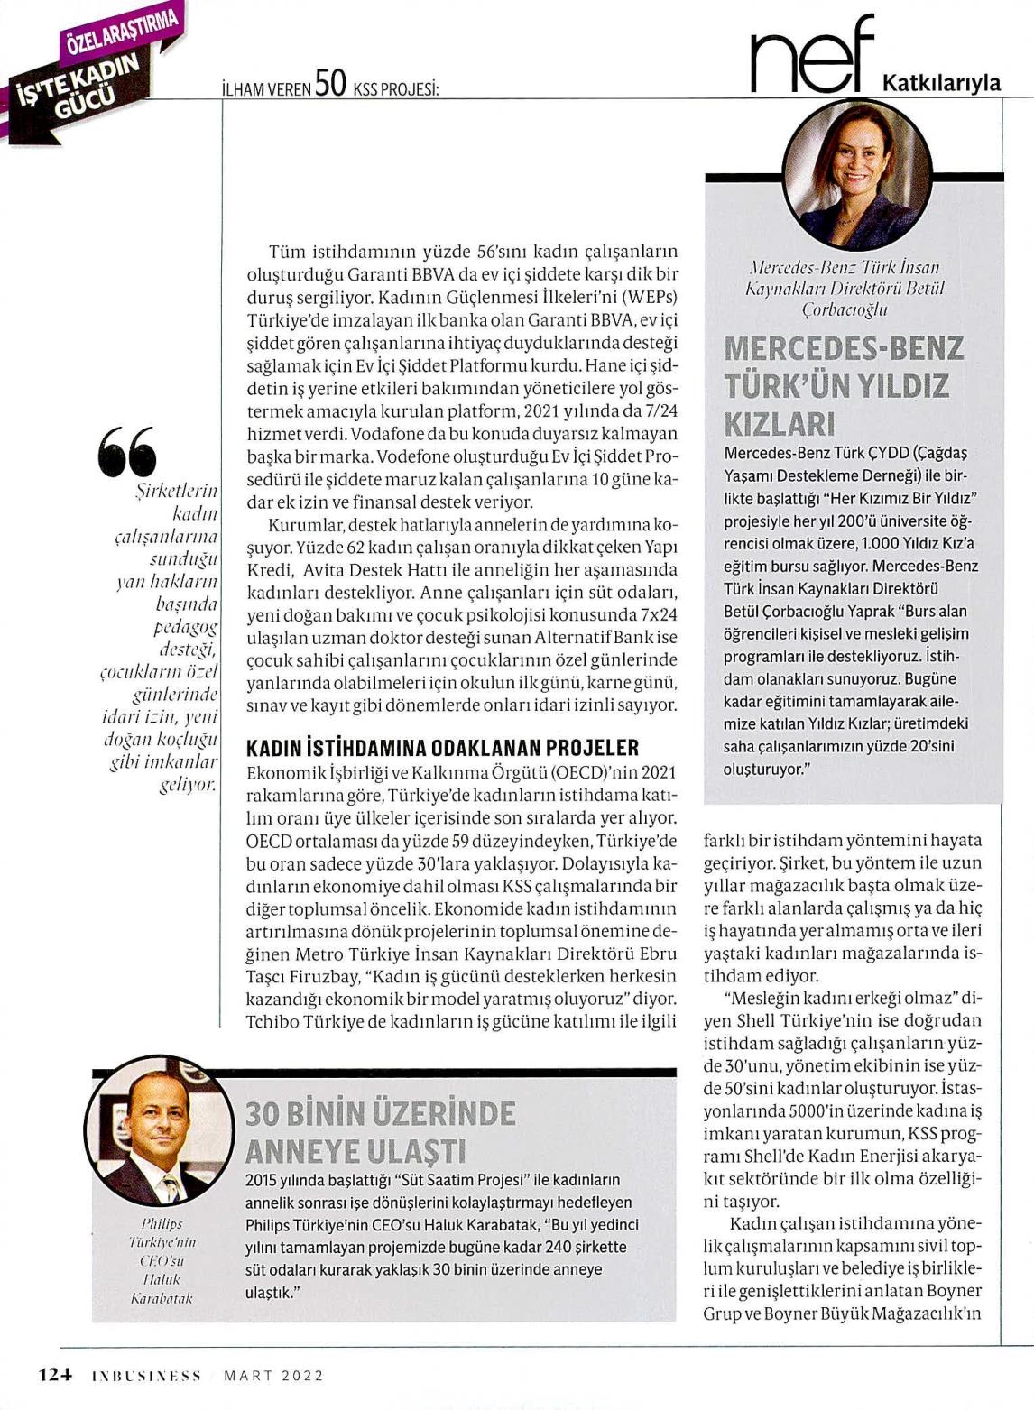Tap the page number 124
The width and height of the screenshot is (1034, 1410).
point(54,1376)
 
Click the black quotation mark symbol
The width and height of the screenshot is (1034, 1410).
point(126,452)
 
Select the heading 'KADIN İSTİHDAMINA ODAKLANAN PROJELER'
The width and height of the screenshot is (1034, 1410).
point(442,748)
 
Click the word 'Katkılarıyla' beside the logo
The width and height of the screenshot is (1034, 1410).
point(940,83)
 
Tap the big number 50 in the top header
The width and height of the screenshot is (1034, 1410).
point(331,84)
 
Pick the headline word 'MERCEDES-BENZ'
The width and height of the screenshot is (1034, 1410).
point(844,348)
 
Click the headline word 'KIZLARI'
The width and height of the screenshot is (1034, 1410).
point(780,423)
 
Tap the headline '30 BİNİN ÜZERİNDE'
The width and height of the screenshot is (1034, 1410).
point(380,1114)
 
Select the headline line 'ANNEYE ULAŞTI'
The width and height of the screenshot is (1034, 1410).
point(355,1152)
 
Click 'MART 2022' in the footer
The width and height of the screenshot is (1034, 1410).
point(273,1376)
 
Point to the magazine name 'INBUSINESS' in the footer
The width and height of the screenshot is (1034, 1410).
point(146,1376)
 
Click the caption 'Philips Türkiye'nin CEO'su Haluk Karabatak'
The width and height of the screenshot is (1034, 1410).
point(162,1260)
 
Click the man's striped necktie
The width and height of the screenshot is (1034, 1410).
point(169,1184)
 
